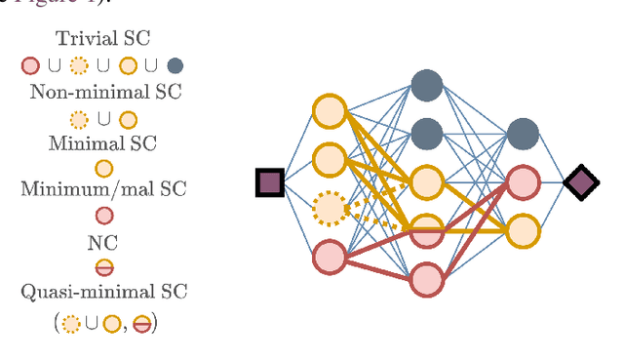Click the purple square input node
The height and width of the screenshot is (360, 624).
click(x=270, y=182)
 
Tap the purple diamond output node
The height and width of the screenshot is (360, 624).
click(x=582, y=182)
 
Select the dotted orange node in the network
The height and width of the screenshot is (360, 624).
click(x=330, y=208)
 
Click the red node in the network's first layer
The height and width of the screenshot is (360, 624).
click(x=330, y=257)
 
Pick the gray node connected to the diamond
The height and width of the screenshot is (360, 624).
click(x=524, y=135)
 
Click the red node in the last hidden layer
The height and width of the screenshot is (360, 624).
click(x=524, y=182)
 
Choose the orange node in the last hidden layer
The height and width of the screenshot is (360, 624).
click(x=524, y=230)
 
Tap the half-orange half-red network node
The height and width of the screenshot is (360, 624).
click(x=426, y=230)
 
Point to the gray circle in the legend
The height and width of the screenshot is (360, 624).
click(x=175, y=66)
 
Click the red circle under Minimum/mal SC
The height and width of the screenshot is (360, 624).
click(x=103, y=216)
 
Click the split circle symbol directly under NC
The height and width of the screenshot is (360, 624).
click(x=103, y=267)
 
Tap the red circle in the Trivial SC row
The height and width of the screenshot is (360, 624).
click(x=30, y=66)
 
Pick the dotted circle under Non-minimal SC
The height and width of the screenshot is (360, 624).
click(x=79, y=119)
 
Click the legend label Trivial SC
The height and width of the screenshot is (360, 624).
click(x=102, y=41)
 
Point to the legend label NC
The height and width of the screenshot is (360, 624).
click(x=103, y=243)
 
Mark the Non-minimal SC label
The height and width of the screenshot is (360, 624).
click(x=103, y=94)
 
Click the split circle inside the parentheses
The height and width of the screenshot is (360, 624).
click(x=142, y=323)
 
